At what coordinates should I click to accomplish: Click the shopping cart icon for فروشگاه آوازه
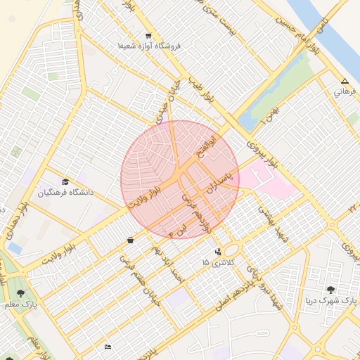click(x=148, y=36)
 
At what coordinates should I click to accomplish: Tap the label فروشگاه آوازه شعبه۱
click(x=149, y=46)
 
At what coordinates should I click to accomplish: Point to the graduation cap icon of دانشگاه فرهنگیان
click(x=66, y=181)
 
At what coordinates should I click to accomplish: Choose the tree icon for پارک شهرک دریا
click(x=330, y=290)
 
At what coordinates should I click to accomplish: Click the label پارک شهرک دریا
click(x=330, y=301)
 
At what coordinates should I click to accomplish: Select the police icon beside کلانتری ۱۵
click(x=217, y=251)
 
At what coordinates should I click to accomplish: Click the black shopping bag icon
click(x=131, y=240)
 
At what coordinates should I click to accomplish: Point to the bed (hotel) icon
click(x=108, y=347)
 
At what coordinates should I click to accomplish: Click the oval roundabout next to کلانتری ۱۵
click(x=231, y=250)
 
